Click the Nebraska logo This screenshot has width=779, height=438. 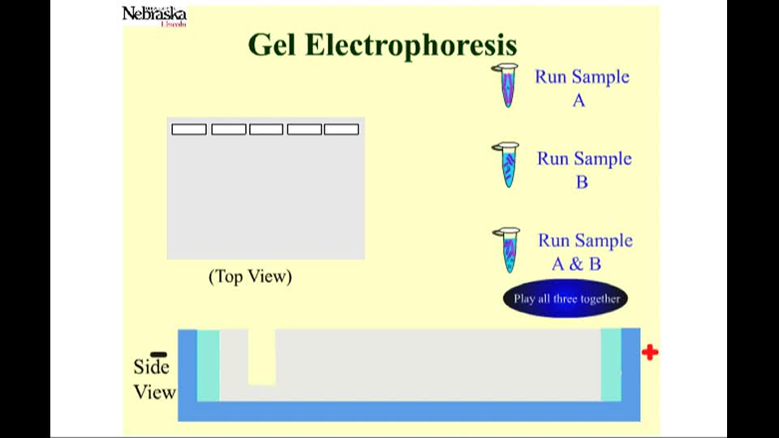(x=154, y=16)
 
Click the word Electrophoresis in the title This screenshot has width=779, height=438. (x=411, y=45)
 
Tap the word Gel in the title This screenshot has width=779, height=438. (x=273, y=45)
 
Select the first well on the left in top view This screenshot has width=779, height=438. (x=189, y=130)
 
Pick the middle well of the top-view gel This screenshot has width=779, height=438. (x=266, y=130)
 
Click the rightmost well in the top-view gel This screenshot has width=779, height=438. (x=342, y=130)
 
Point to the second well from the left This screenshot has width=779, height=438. (x=229, y=130)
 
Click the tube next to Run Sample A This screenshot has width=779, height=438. (x=506, y=85)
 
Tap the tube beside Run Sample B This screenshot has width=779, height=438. (x=506, y=165)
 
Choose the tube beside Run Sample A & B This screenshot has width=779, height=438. (x=508, y=251)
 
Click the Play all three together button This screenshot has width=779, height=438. (x=566, y=298)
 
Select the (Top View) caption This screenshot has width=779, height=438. (x=251, y=277)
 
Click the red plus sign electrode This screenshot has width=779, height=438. (x=650, y=353)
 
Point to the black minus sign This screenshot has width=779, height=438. (x=158, y=354)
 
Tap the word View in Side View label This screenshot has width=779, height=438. (x=154, y=393)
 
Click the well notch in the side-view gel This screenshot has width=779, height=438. (x=262, y=357)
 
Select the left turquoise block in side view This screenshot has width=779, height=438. (x=209, y=365)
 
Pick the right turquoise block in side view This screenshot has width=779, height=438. (x=611, y=364)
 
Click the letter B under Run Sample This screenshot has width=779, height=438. (x=582, y=182)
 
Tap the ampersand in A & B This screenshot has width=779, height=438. (x=576, y=264)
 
